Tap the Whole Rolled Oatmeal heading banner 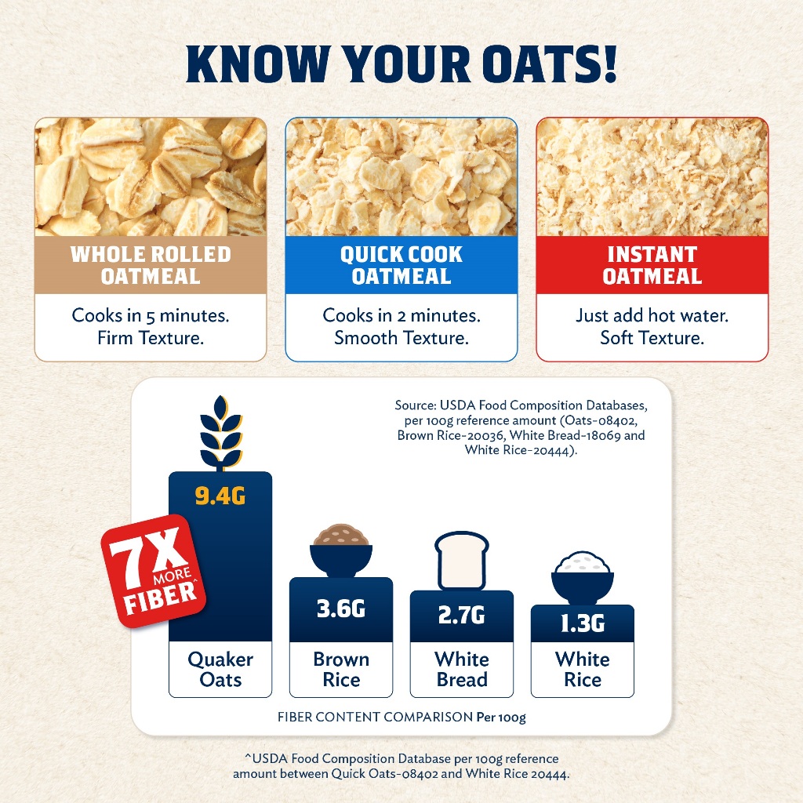[x=151, y=265]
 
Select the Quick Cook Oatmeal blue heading [x=401, y=265]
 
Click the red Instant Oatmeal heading [x=652, y=265]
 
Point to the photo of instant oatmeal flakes [x=652, y=176]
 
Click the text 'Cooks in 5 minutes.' [x=151, y=315]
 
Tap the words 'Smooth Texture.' [x=401, y=338]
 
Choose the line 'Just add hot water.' [x=652, y=315]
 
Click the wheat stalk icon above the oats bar [x=220, y=433]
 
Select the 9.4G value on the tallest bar [x=220, y=496]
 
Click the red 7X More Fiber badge [x=154, y=571]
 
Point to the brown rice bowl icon [x=341, y=550]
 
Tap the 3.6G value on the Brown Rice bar [x=341, y=609]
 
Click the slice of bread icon [x=462, y=561]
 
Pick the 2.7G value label [x=461, y=615]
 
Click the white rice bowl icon [x=583, y=578]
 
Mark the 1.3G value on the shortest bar [x=583, y=623]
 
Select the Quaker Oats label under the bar [x=220, y=670]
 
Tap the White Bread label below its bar [x=462, y=670]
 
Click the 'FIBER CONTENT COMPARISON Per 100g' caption [x=401, y=717]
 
